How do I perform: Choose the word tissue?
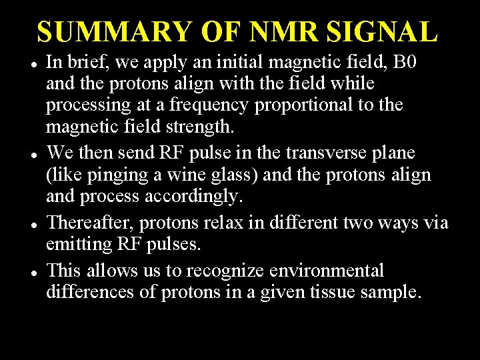[x=344, y=292]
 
